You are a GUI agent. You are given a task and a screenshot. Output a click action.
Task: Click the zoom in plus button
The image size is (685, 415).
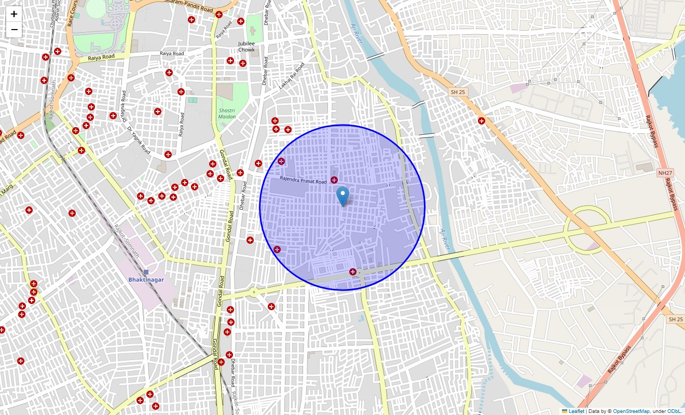coord(14,14)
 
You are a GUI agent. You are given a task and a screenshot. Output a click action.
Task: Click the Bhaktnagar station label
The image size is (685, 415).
coord(146,280)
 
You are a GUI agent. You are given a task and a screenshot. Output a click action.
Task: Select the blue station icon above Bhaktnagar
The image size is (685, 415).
coord(146,272)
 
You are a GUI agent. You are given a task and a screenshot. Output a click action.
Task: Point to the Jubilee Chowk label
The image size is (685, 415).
coord(246,47)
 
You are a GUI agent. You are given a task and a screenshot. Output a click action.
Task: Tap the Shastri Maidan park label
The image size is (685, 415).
coord(227,114)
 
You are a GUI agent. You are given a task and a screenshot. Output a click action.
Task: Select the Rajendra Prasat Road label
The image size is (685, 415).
coord(303,180)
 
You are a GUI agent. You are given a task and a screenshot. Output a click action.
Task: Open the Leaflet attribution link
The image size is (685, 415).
coord(576,411)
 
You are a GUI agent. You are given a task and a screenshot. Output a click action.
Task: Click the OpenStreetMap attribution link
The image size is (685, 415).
coord(631,411)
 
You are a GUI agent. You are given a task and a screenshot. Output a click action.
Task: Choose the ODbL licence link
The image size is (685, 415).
coord(675,411)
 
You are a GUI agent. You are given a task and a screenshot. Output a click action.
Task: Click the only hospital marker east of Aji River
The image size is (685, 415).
coord(482,121)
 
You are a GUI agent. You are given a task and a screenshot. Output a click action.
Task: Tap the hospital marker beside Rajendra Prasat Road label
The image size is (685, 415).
coord(334,179)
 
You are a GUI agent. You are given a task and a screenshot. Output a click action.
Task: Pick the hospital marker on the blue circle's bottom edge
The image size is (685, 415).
coord(353,271)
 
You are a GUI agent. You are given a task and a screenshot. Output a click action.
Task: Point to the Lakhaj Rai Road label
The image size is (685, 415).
coord(292,76)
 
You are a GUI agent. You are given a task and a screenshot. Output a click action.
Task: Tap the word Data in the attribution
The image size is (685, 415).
coord(594,411)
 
